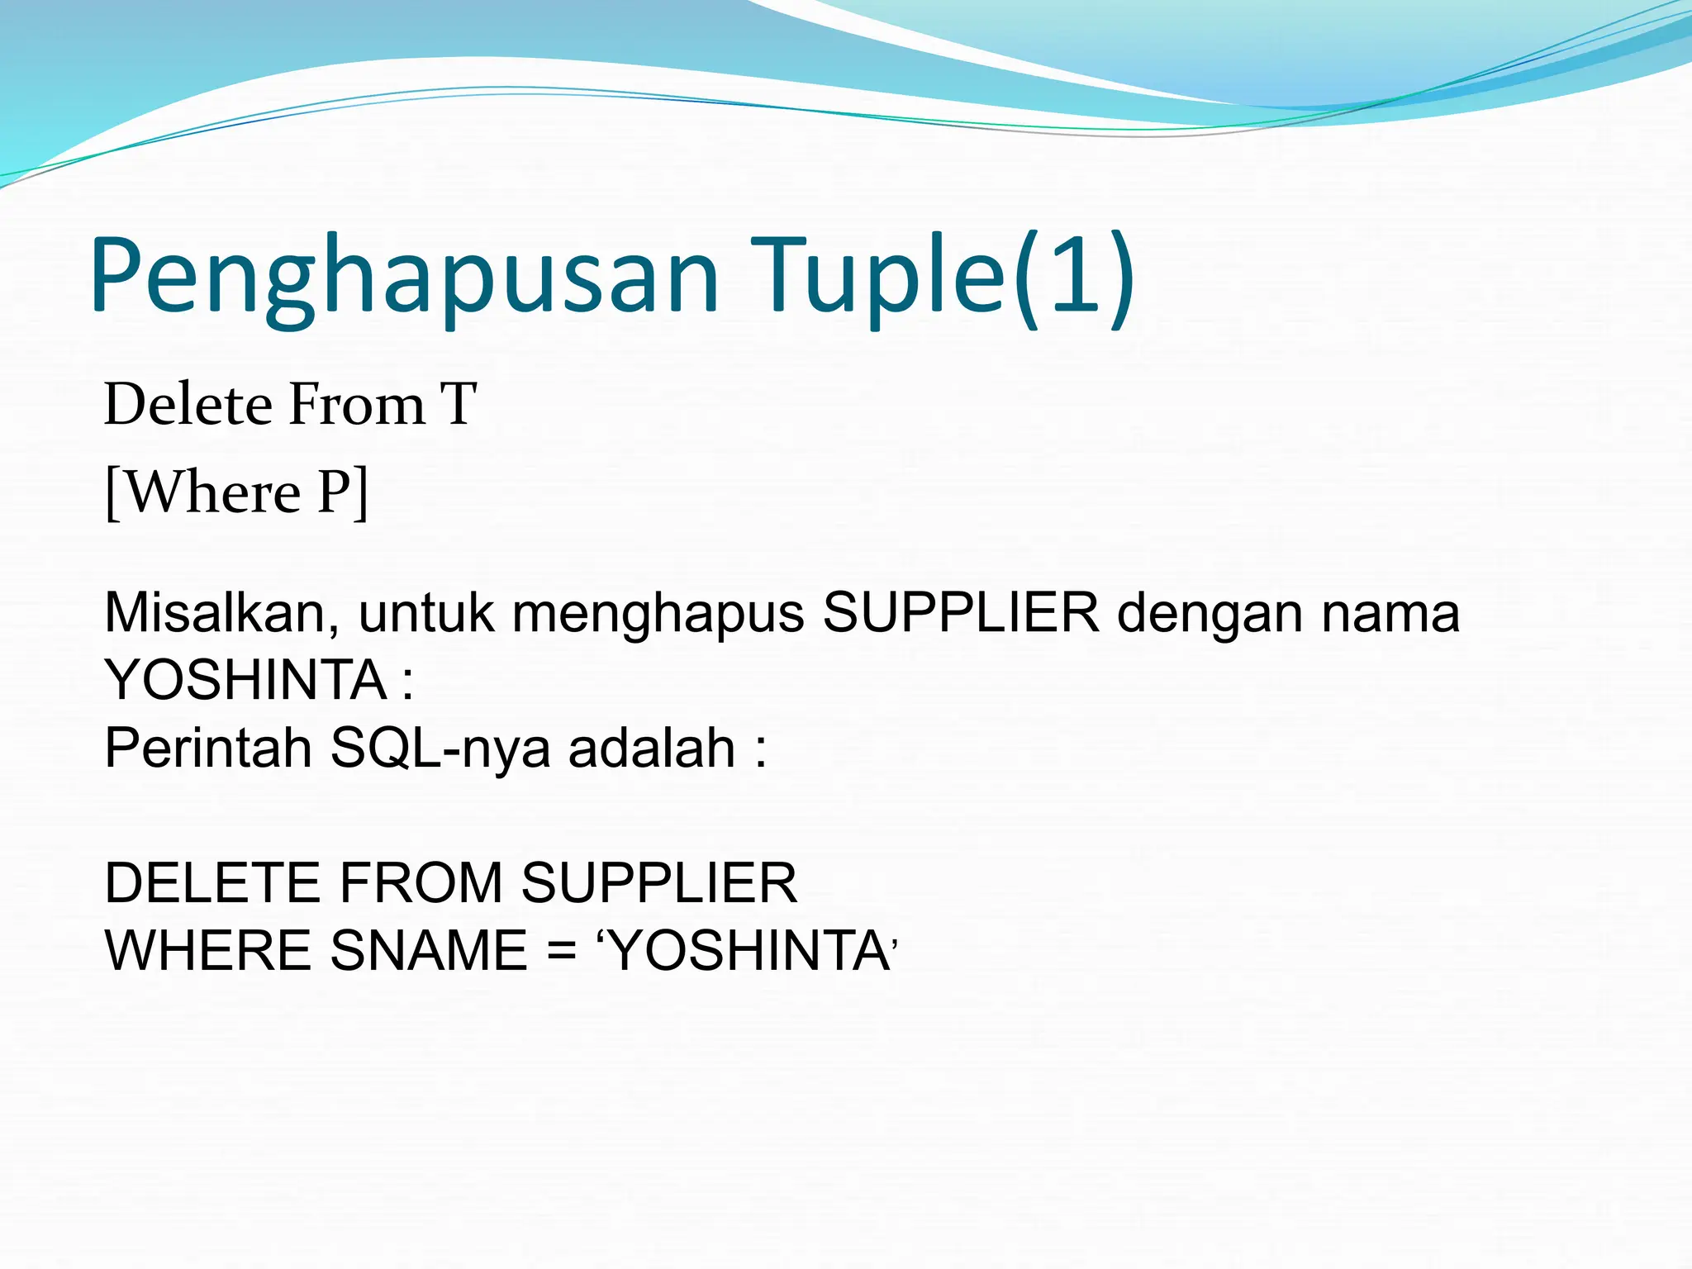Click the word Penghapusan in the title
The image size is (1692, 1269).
click(405, 277)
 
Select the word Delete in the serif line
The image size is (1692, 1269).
click(188, 405)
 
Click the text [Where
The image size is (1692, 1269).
click(203, 493)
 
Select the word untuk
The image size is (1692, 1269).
click(426, 614)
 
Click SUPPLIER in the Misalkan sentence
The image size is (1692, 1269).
click(961, 614)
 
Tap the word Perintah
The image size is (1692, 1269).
click(208, 749)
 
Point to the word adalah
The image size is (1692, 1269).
click(652, 749)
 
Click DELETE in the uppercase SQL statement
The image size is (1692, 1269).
click(212, 883)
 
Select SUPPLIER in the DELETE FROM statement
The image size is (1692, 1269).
click(659, 883)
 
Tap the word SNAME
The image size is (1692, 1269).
click(429, 951)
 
